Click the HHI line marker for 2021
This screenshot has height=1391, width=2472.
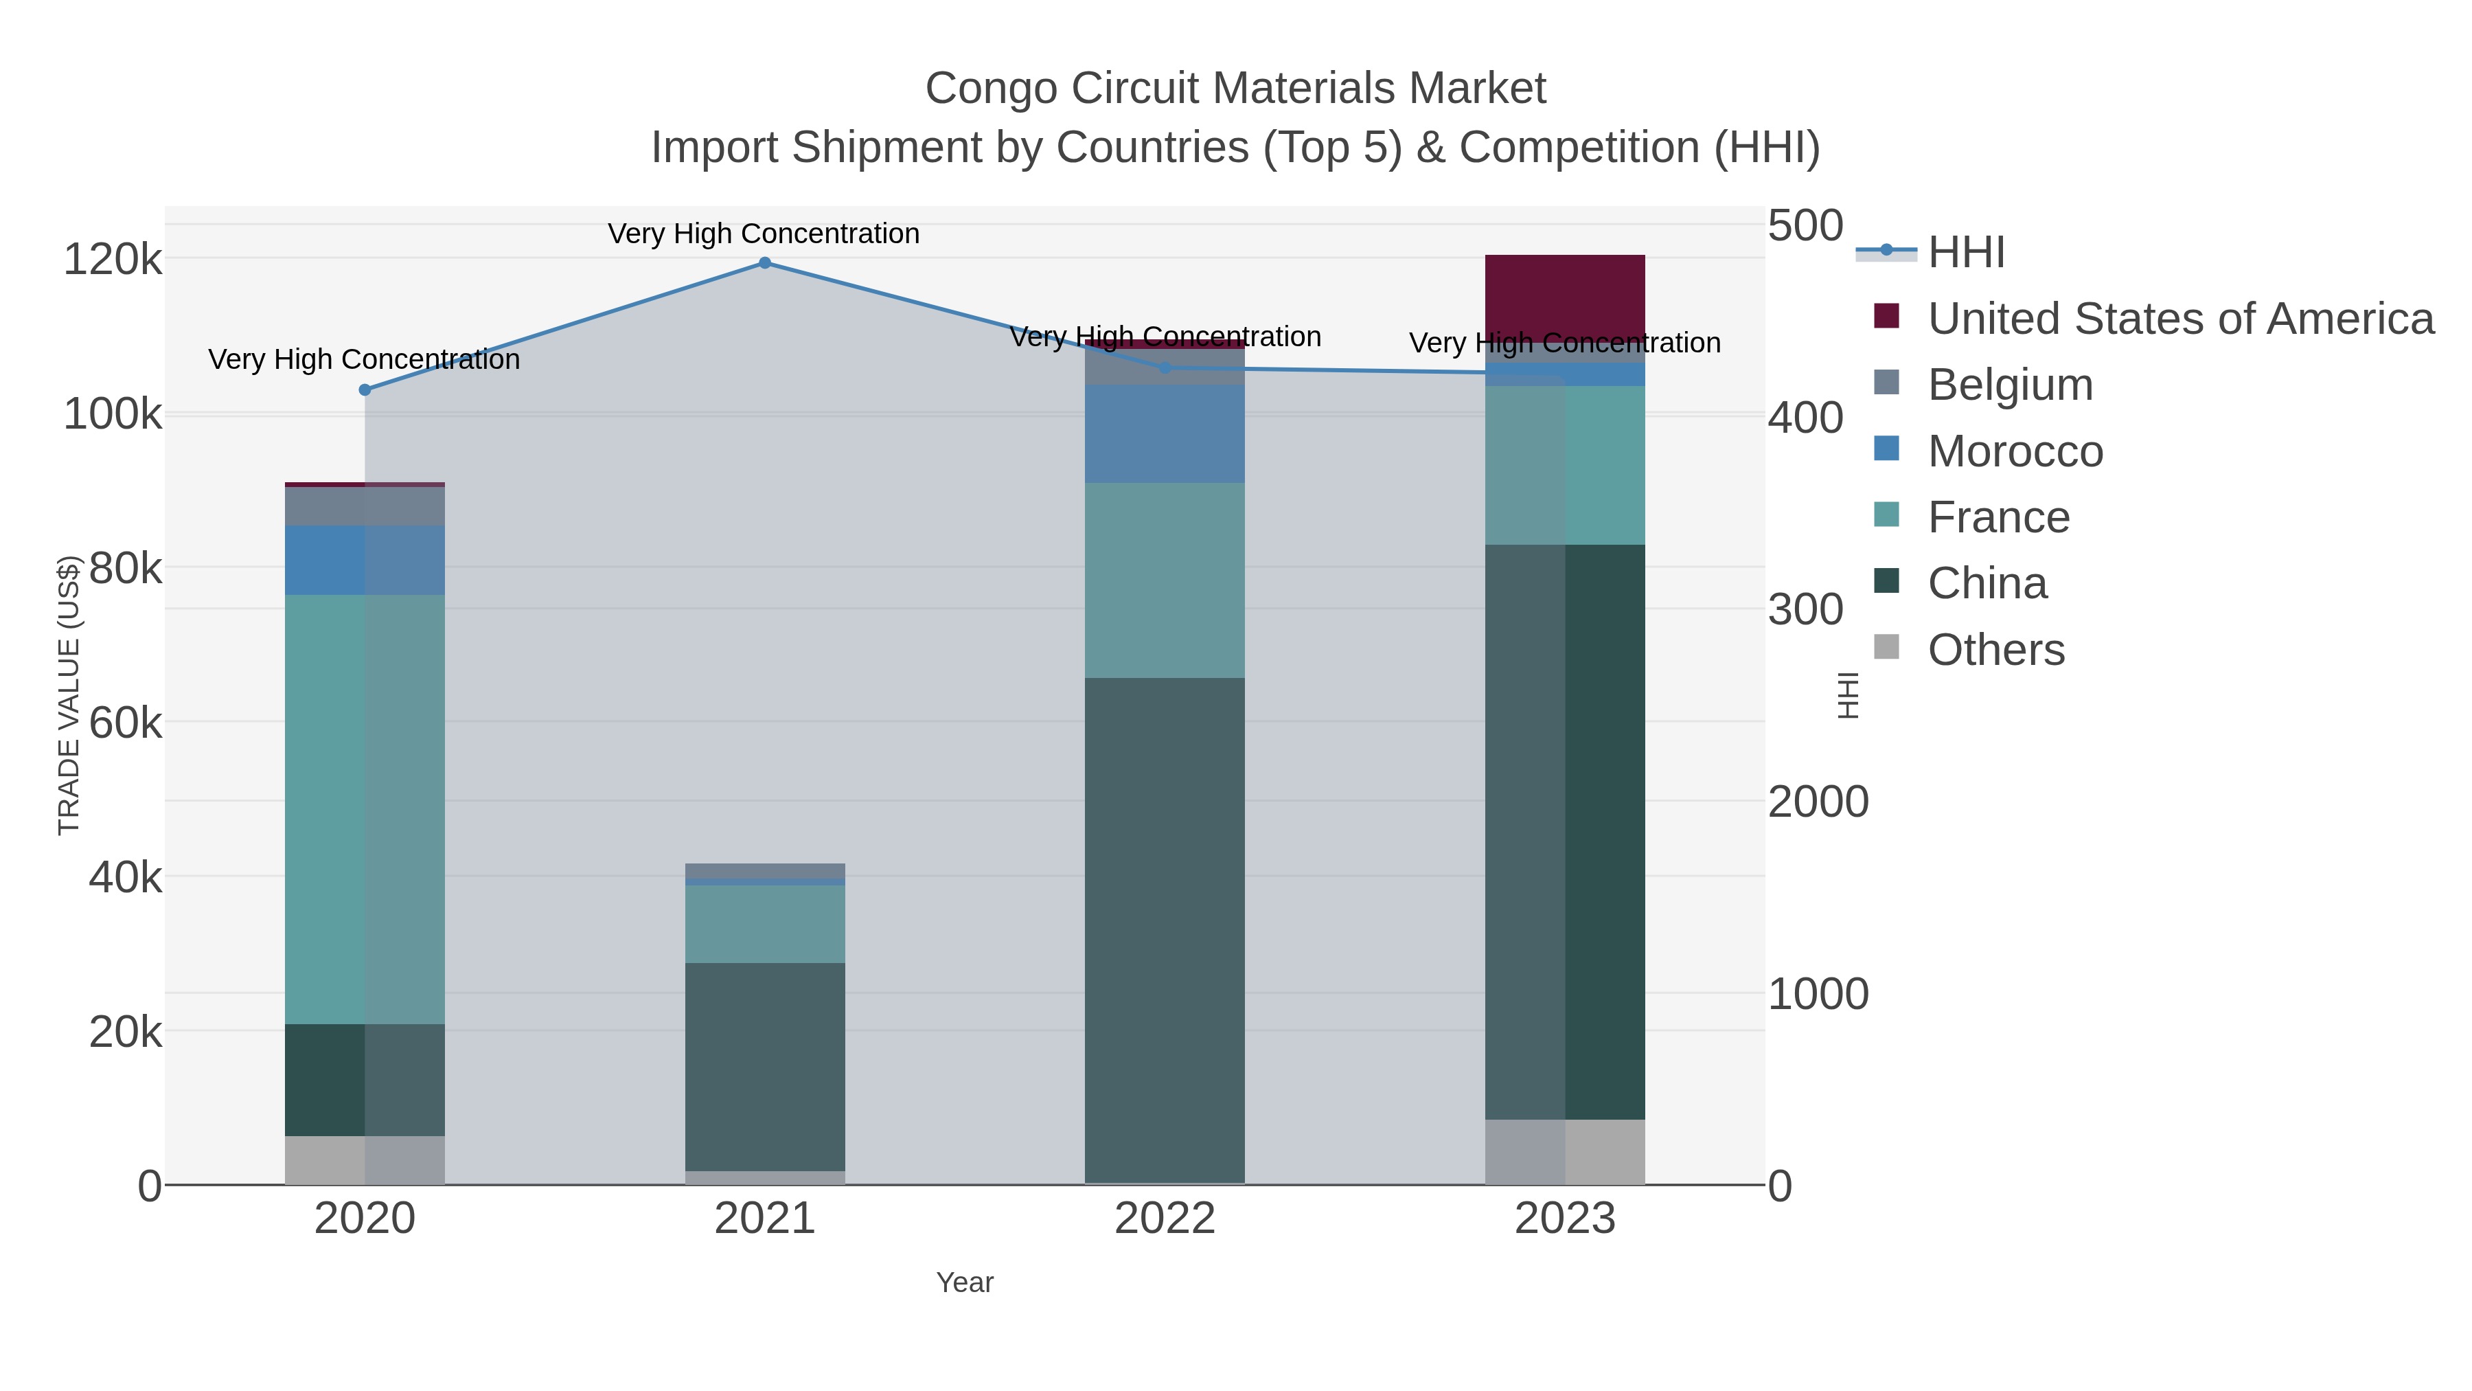tap(764, 262)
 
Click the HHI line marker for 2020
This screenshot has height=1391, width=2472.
tap(365, 389)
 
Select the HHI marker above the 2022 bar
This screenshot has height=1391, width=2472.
tap(1165, 367)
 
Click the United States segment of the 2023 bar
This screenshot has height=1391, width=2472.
tap(1564, 297)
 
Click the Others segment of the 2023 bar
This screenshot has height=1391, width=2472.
tap(1564, 1151)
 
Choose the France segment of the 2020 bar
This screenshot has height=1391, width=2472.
tap(365, 808)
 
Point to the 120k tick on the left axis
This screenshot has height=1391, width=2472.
tap(113, 259)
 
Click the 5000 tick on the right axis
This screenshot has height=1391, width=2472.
tap(1806, 227)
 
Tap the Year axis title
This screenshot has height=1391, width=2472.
tap(965, 1282)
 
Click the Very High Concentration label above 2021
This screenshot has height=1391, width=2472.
tap(764, 234)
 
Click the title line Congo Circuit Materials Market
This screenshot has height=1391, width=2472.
tap(1235, 89)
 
